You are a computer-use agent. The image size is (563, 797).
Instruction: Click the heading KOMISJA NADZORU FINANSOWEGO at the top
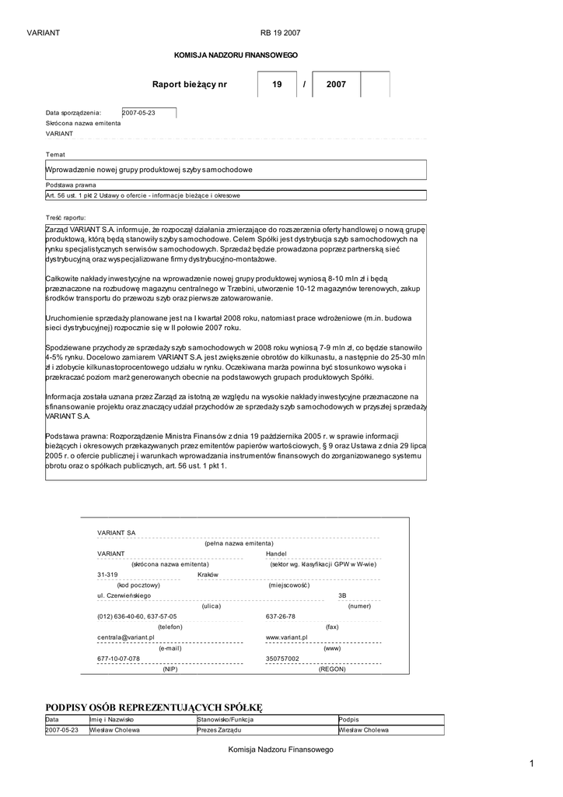235,56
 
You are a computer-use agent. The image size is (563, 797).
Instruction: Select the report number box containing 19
277,84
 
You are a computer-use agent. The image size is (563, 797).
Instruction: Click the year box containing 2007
336,84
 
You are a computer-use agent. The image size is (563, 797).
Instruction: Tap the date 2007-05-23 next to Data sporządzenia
140,113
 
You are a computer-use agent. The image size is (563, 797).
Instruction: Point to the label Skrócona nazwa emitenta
83,123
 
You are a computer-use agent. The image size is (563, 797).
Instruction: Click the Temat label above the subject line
56,154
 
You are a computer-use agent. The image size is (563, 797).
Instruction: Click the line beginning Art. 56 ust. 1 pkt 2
143,195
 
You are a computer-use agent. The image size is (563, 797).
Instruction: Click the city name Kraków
208,574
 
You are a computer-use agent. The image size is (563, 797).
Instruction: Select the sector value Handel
276,553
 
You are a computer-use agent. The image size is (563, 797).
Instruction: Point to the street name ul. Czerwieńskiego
124,595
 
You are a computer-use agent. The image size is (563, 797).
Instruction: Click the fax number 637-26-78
281,616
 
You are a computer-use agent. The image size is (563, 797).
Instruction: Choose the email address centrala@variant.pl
126,637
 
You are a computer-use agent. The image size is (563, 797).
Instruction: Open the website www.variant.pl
288,637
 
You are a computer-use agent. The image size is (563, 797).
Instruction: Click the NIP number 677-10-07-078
119,658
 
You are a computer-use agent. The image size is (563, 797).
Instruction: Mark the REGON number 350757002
282,658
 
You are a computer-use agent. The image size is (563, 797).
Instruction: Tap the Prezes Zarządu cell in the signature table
220,730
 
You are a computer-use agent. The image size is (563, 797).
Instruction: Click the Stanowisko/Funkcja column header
226,720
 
